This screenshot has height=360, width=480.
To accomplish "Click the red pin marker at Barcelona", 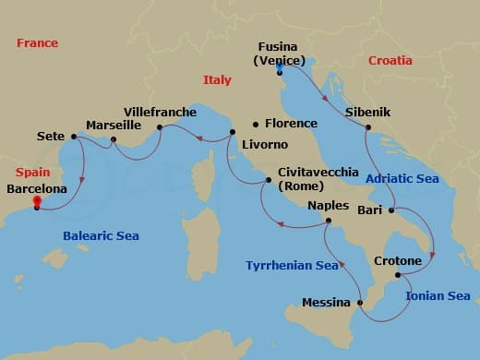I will tap(36, 202).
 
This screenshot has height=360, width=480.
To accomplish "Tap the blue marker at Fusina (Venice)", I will tap(279, 66).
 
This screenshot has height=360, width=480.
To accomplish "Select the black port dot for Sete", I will tap(73, 136).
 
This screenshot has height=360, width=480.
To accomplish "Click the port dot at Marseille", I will tap(113, 141).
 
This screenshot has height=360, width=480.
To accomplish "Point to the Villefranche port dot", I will tap(160, 127).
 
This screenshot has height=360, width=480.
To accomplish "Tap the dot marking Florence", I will tap(256, 124).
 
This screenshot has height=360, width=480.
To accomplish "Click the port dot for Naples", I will tap(330, 221).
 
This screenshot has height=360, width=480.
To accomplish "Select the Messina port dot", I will tap(361, 302).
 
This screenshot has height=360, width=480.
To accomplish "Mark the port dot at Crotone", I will tap(398, 275).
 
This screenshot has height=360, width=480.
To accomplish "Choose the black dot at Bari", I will tap(390, 210).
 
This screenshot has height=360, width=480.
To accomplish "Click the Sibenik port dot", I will tap(368, 127).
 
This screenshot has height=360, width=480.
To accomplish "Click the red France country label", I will tap(37, 42).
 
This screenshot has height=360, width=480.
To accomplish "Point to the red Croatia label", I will tap(390, 61).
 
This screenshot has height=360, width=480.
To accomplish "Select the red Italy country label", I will tap(217, 80).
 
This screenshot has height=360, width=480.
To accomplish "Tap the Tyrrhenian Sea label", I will tap(292, 266).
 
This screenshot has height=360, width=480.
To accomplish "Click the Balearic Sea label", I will tap(101, 236).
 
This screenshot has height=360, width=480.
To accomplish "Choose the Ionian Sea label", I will tap(438, 295).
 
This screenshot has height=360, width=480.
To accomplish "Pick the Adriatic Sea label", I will tap(402, 178).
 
